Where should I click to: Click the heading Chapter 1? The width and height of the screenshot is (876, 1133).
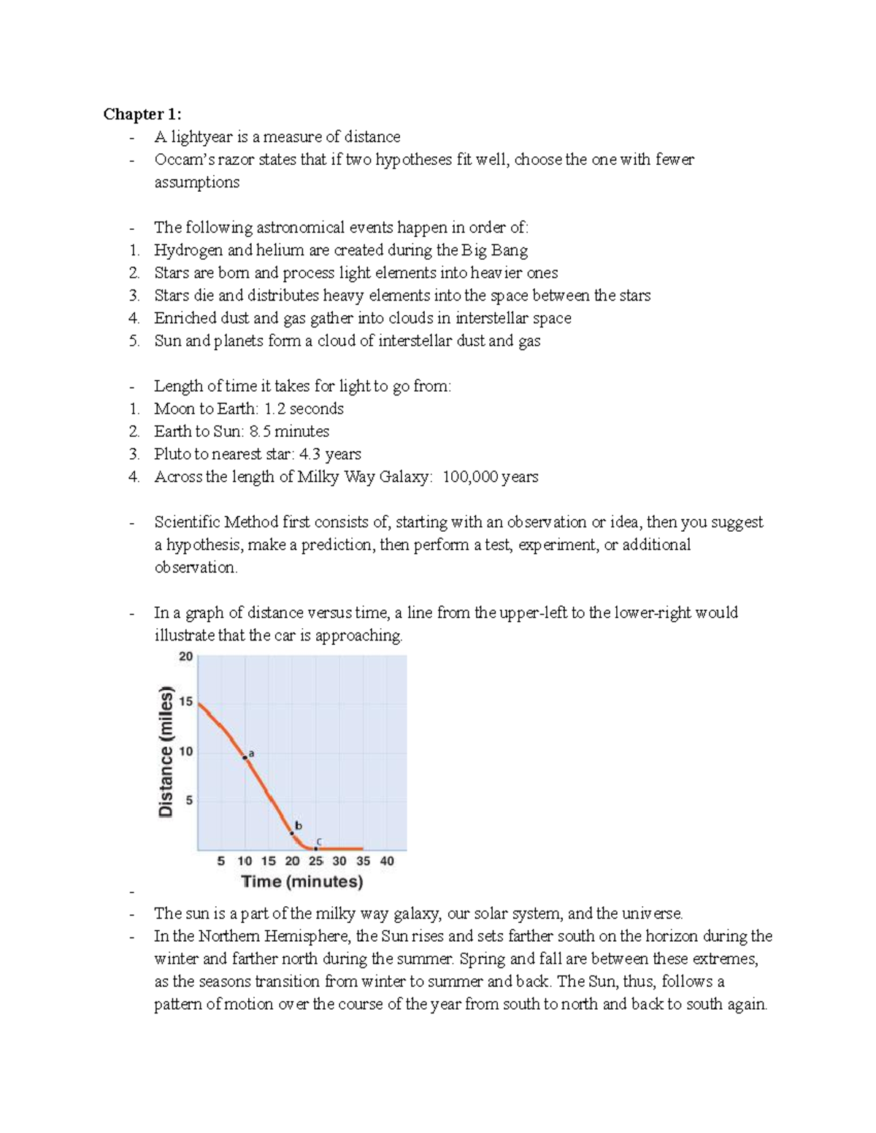pos(142,114)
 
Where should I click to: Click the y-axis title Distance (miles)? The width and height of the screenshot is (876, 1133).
pos(166,751)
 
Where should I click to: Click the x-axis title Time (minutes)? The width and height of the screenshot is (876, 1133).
pos(302,881)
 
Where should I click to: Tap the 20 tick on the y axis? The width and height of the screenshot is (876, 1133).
pos(186,657)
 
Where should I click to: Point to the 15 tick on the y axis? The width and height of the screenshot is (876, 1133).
pos(186,702)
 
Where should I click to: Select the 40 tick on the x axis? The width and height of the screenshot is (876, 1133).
pos(387,861)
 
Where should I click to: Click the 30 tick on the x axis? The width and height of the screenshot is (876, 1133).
pos(339,861)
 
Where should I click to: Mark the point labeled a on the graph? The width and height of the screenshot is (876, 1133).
pos(245,758)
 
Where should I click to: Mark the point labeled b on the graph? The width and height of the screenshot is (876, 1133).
pos(292,832)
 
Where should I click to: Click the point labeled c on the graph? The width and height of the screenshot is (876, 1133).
pos(316,848)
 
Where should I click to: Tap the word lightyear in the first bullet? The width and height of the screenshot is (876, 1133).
pos(201,136)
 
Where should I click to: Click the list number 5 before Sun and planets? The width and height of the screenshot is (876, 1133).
pos(134,341)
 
